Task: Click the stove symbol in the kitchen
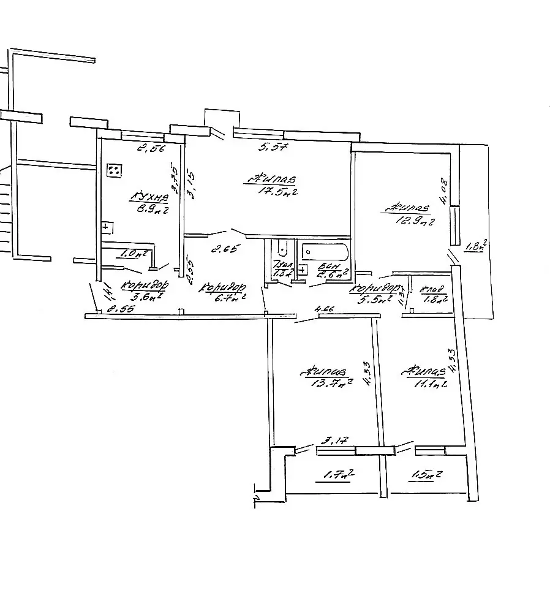(113, 170)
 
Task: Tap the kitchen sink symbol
(107, 227)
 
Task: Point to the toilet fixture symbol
(282, 249)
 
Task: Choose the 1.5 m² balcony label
(429, 474)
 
